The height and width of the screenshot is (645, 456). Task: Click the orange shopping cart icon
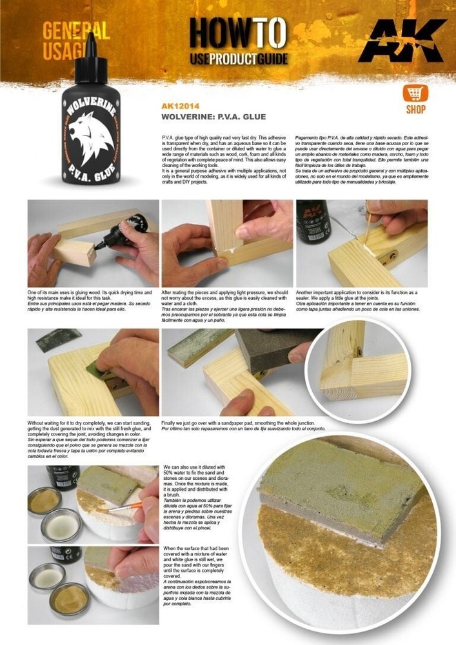coord(415,93)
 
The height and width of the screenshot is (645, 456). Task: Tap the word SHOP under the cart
coord(415,110)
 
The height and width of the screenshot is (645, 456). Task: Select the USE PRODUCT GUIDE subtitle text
coord(238,59)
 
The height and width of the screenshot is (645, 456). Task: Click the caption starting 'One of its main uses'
coord(92,301)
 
